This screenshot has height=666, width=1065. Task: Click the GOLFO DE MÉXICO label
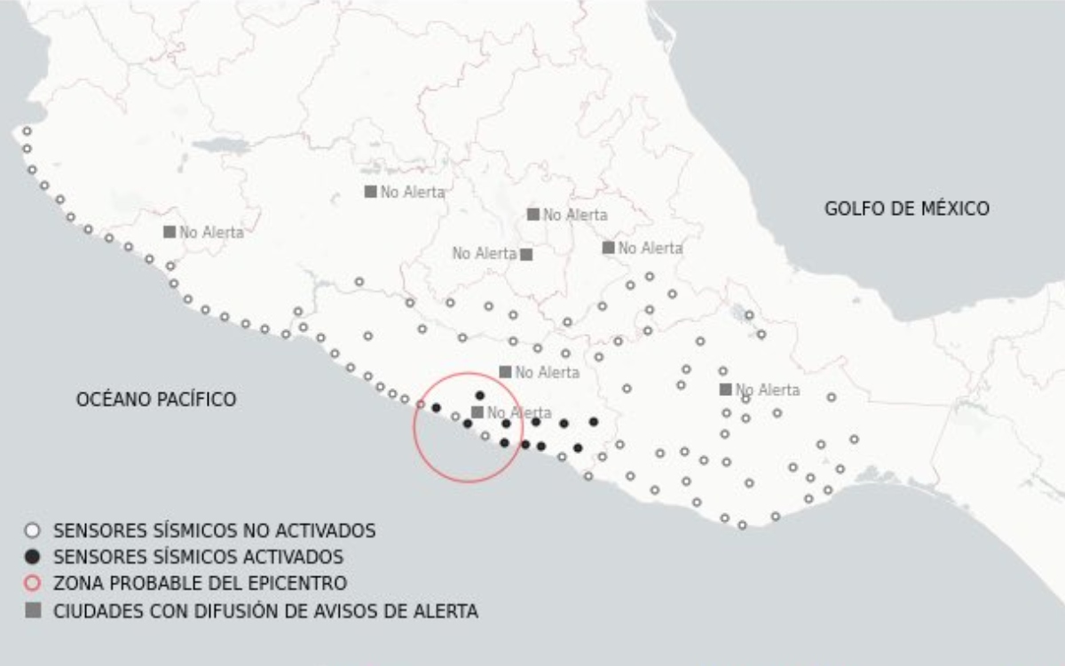click(906, 209)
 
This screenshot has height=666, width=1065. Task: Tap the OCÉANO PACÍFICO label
click(156, 400)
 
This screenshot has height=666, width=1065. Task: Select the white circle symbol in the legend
click(33, 531)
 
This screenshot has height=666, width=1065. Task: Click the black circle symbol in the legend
click(33, 558)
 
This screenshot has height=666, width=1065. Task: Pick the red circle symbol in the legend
click(33, 584)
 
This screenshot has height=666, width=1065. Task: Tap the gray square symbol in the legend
click(33, 611)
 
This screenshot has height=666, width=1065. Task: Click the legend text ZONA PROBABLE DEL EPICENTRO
click(200, 584)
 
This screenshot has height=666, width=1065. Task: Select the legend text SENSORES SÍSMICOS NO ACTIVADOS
click(214, 531)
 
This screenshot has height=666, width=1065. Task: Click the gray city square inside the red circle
click(477, 412)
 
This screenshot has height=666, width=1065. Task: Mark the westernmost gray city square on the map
click(170, 232)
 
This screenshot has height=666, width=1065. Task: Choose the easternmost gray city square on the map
click(726, 389)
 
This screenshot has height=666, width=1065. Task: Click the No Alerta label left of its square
click(484, 254)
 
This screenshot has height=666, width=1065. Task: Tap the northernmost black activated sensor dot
click(480, 395)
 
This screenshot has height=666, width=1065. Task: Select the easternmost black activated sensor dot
click(594, 422)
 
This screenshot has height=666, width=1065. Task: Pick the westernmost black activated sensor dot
click(436, 408)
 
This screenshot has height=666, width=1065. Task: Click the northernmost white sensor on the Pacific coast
click(27, 131)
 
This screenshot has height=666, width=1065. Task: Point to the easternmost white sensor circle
click(854, 439)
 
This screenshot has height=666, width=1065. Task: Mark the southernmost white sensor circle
click(742, 525)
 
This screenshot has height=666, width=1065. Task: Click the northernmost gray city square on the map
click(371, 191)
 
